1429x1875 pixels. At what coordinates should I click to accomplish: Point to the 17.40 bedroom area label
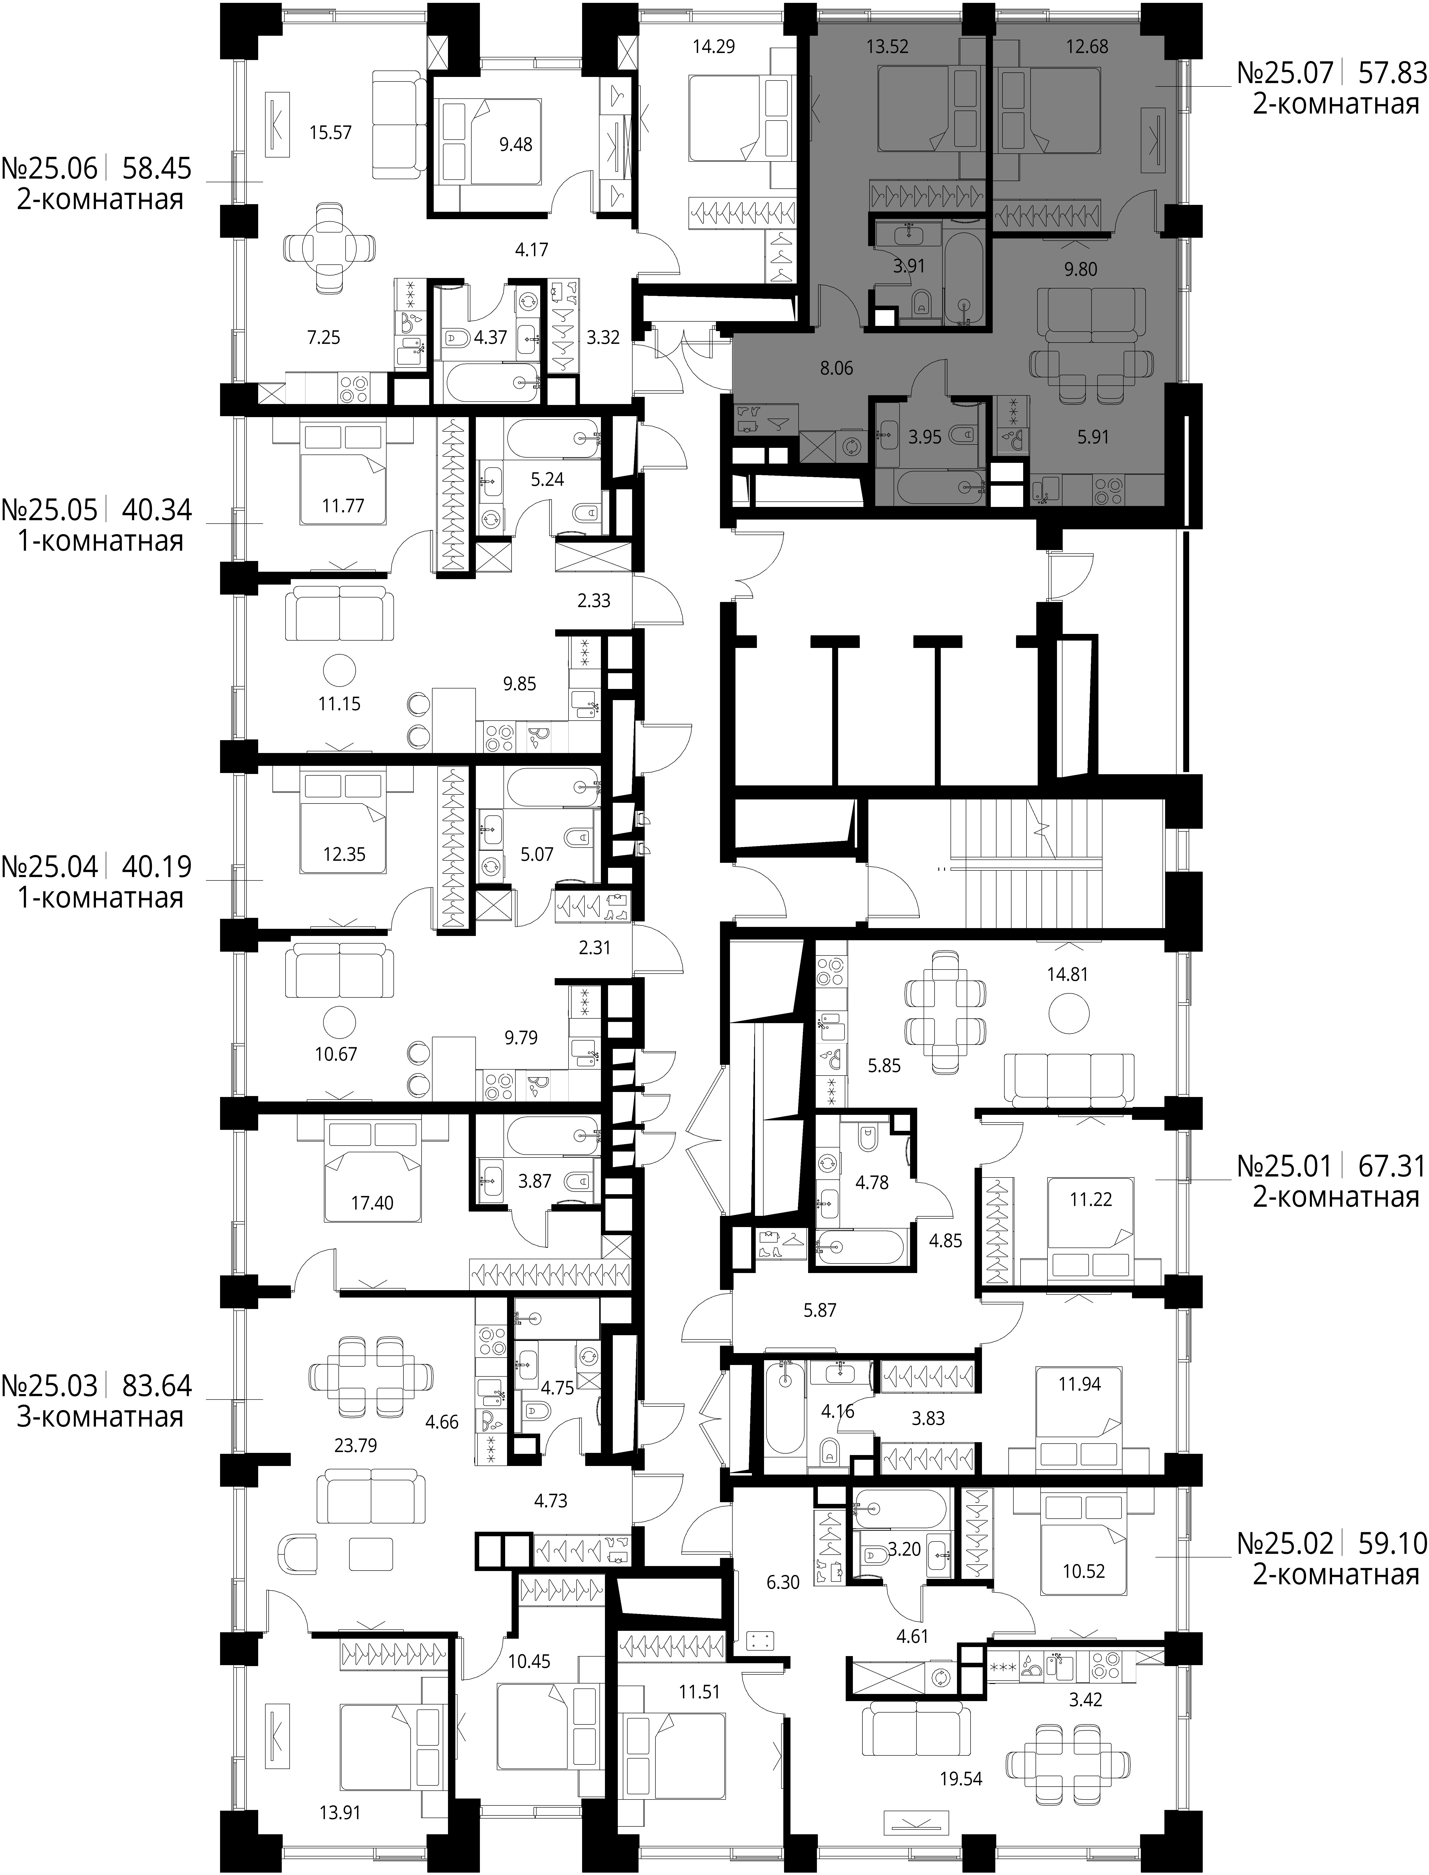(x=372, y=1203)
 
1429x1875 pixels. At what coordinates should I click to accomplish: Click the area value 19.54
(x=961, y=1754)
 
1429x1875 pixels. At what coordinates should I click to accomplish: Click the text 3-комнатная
(x=100, y=1417)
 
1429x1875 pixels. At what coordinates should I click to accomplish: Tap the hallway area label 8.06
(x=836, y=368)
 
